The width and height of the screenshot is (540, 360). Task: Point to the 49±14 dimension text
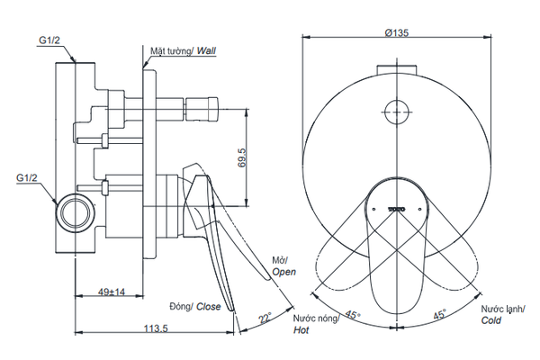112,292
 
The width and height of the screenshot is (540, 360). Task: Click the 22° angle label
263,317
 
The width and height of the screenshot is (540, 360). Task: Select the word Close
208,307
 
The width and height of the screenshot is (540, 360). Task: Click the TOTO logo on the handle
397,208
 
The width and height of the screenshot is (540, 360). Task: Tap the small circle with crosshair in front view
397,112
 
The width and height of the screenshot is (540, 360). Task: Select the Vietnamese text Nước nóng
314,319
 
